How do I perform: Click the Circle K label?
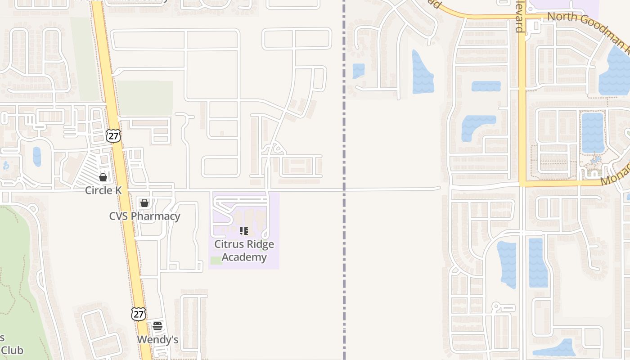[x=103, y=190]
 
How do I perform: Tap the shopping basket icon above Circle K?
[x=103, y=177]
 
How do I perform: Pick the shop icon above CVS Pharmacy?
[x=144, y=203]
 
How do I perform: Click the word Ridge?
[x=261, y=244]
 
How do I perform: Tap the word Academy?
[x=244, y=257]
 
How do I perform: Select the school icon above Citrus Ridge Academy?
[x=244, y=231]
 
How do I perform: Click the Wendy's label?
[x=157, y=340]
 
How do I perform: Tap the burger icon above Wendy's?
[x=157, y=326]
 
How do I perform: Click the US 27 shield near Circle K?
[x=113, y=135]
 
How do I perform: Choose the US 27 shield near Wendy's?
[x=139, y=314]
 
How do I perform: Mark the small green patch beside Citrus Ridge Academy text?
[x=216, y=260]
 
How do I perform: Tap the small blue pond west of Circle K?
[x=37, y=157]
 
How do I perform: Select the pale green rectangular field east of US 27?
[x=144, y=98]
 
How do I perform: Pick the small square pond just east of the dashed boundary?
[x=359, y=71]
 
